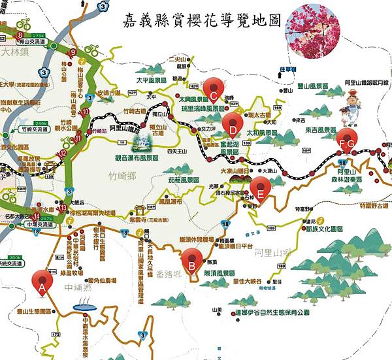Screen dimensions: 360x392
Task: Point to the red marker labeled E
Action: click(x=260, y=188)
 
